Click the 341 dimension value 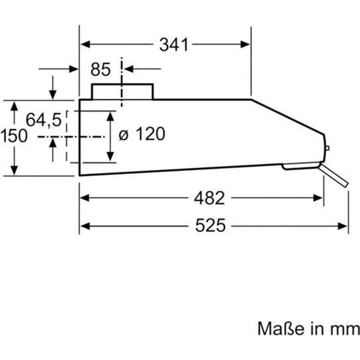(174, 45)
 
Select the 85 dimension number (101, 69)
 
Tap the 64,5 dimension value (44, 120)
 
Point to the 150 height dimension (14, 136)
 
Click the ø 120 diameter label (142, 134)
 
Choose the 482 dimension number (209, 198)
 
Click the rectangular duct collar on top (122, 91)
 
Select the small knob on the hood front (327, 148)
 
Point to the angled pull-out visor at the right (334, 175)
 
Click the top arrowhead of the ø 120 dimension (111, 115)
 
